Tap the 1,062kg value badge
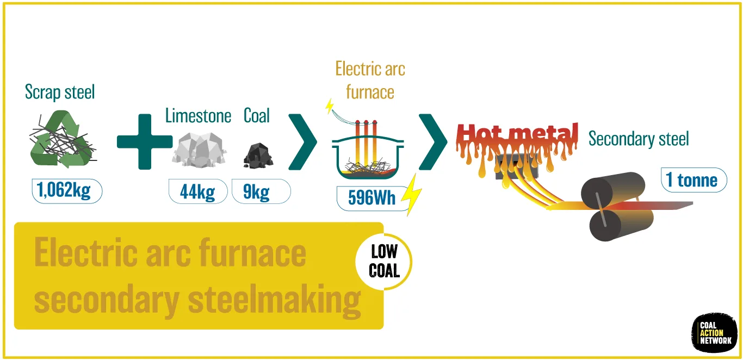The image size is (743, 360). pyautogui.click(x=67, y=191)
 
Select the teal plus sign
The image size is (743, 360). pyautogui.click(x=145, y=141)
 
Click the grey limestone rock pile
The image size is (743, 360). pyautogui.click(x=199, y=149)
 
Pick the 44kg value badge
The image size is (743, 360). pyautogui.click(x=198, y=191)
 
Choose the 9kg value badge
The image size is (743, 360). pyautogui.click(x=261, y=191)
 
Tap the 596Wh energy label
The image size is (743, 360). pyautogui.click(x=372, y=198)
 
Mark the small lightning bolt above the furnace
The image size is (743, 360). pyautogui.click(x=329, y=106)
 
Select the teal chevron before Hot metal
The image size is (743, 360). pyautogui.click(x=433, y=142)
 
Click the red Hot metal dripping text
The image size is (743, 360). pyautogui.click(x=517, y=146)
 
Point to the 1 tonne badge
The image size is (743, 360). pyautogui.click(x=694, y=180)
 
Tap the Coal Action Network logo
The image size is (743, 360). pyautogui.click(x=715, y=333)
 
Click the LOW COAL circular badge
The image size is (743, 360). pyautogui.click(x=384, y=262)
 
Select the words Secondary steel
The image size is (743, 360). pyautogui.click(x=639, y=139)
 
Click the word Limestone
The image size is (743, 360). pyautogui.click(x=198, y=116)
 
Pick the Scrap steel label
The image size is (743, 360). pyautogui.click(x=60, y=92)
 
